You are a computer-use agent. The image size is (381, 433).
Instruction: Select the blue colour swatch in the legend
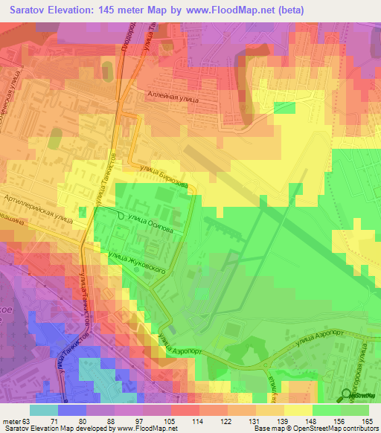(x=71, y=410)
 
